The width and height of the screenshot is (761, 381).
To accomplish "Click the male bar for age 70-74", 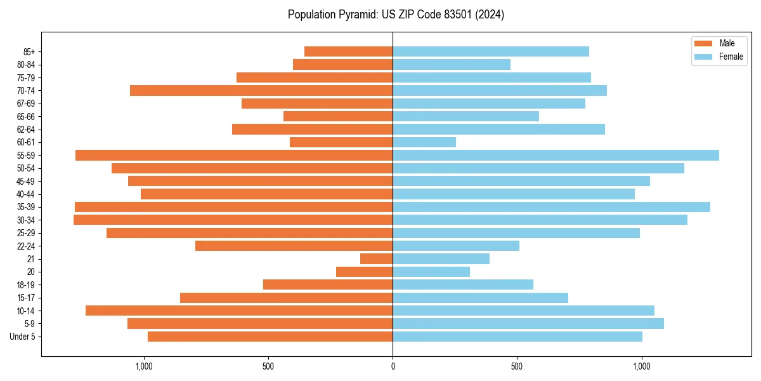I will pyautogui.click(x=261, y=91).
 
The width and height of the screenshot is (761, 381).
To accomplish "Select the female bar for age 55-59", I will pyautogui.click(x=556, y=156).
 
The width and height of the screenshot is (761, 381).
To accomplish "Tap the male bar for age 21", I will pyautogui.click(x=377, y=259).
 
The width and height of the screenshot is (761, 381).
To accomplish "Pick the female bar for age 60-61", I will pyautogui.click(x=424, y=142).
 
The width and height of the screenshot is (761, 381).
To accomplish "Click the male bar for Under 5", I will pyautogui.click(x=270, y=337).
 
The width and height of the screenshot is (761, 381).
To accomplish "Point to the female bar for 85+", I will pyautogui.click(x=491, y=51).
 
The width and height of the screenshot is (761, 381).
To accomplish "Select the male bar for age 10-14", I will pyautogui.click(x=239, y=311).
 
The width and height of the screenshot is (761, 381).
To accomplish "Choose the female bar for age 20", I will pyautogui.click(x=431, y=272).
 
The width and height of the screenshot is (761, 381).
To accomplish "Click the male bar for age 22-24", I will pyautogui.click(x=294, y=246).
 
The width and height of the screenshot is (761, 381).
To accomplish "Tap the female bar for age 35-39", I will pyautogui.click(x=551, y=207).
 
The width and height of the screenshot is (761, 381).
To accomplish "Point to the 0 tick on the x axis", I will pyautogui.click(x=393, y=366).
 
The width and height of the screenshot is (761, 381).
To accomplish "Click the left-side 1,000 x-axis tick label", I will pyautogui.click(x=144, y=366).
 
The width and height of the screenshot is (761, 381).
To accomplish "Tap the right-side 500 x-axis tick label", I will pyautogui.click(x=517, y=366).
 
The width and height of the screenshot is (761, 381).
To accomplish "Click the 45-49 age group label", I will pyautogui.click(x=27, y=182).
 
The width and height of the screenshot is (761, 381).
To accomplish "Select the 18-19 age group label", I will pyautogui.click(x=27, y=285).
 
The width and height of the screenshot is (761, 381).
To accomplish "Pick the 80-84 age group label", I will pyautogui.click(x=27, y=65).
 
